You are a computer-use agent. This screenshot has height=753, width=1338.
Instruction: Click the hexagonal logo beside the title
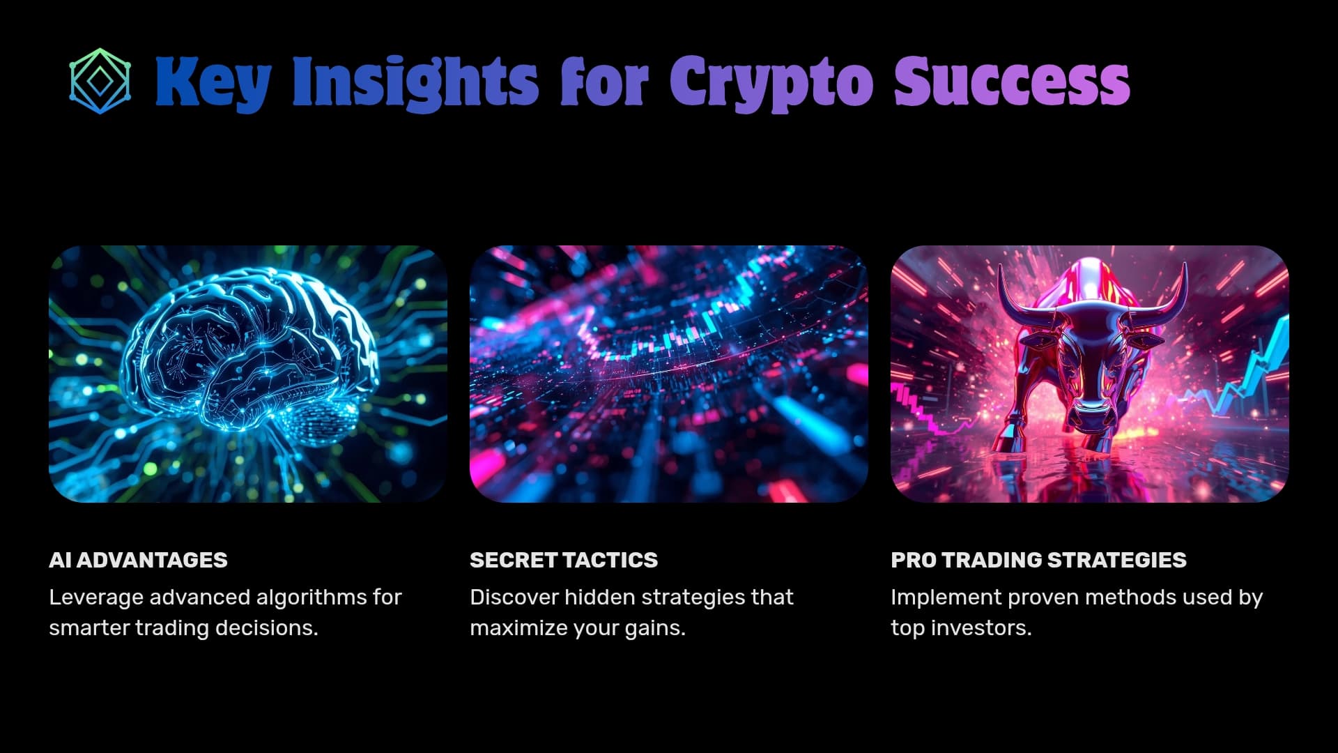pyautogui.click(x=100, y=81)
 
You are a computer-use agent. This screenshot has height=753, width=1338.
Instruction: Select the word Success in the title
pyautogui.click(x=1011, y=82)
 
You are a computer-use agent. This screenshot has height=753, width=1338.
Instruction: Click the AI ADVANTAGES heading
pyautogui.click(x=138, y=560)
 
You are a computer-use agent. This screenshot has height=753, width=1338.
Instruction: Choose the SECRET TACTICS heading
pyautogui.click(x=563, y=560)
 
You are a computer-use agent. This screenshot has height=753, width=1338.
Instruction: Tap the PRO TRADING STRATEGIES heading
pyautogui.click(x=1038, y=560)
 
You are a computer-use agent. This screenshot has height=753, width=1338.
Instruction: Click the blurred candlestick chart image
pyautogui.click(x=668, y=374)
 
